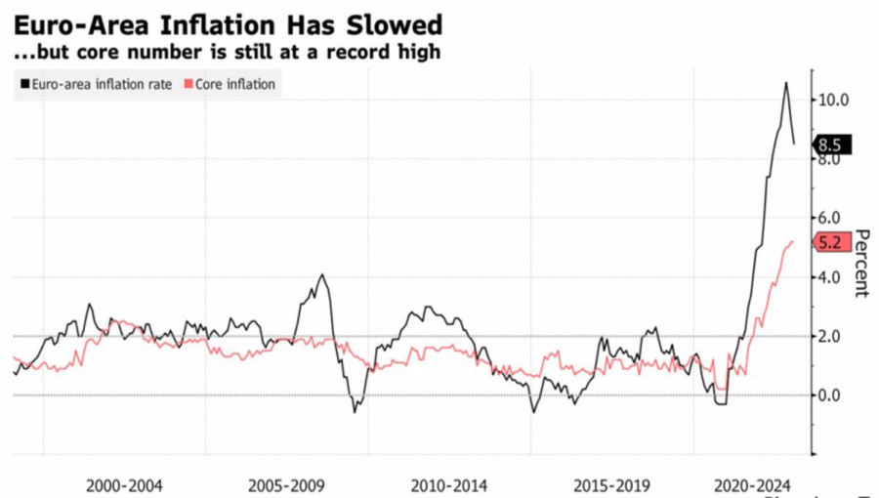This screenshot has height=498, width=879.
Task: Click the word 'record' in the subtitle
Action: (353, 52)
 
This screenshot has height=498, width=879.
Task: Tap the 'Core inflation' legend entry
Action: (234, 85)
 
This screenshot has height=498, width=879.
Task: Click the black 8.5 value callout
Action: (832, 145)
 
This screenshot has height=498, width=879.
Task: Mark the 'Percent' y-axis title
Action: (861, 264)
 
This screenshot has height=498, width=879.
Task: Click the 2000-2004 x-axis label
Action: (124, 485)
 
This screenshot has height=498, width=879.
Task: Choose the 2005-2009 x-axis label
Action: (287, 485)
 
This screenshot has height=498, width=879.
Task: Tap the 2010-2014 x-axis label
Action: (450, 485)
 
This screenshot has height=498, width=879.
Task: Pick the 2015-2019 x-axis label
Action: (612, 485)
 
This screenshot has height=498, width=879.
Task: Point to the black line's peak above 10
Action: (786, 84)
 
